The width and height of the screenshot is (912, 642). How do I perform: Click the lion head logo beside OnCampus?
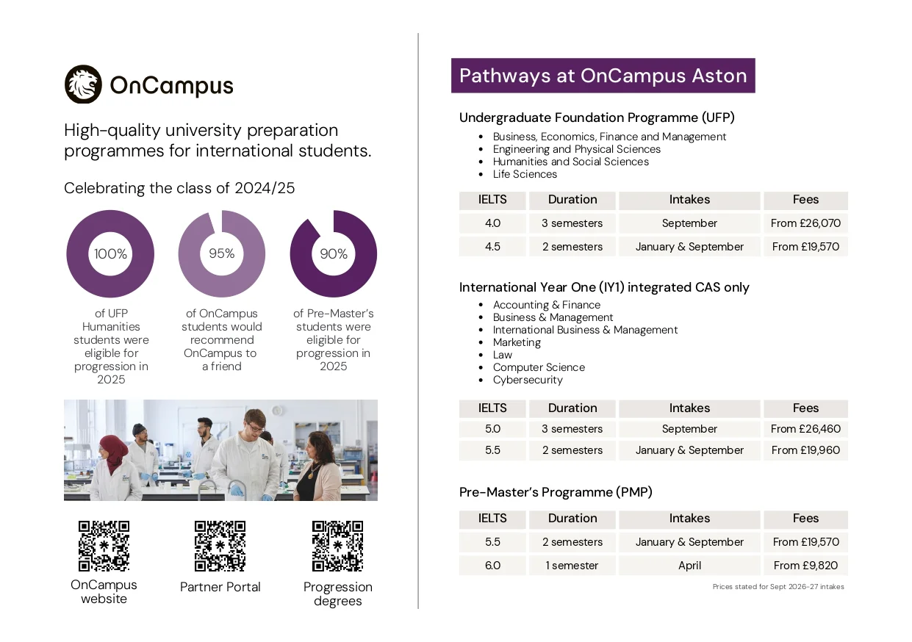[83, 84]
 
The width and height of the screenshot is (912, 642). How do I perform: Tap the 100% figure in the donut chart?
[110, 254]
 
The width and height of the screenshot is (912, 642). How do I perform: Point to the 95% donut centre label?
[221, 253]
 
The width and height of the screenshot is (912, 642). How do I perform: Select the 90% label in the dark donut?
[334, 254]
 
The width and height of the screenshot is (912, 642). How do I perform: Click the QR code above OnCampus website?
[104, 546]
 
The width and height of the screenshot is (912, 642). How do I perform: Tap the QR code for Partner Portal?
[220, 546]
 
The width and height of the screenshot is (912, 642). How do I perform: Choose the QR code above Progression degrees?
[337, 546]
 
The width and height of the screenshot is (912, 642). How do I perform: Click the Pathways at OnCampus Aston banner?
[603, 76]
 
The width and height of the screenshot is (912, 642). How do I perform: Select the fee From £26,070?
[805, 223]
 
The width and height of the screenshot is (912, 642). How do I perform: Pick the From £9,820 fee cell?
[805, 566]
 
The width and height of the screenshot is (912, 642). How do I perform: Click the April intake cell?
[689, 566]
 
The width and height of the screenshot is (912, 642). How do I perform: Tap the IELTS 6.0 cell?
[492, 566]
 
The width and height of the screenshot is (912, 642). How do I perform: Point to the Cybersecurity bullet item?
[528, 380]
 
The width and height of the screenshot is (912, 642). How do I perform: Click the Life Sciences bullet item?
[525, 174]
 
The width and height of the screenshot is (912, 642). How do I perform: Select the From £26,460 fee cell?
[805, 429]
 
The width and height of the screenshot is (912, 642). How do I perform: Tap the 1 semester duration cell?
[572, 566]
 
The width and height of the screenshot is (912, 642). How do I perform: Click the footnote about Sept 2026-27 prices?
[778, 587]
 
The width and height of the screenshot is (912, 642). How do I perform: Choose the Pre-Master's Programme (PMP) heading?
[556, 492]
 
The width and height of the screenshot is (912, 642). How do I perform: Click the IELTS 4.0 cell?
[492, 223]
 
